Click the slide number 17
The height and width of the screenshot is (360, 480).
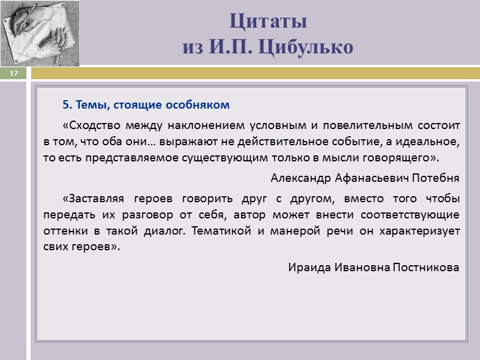pos(14,73)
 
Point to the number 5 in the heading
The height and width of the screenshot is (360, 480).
pos(65,105)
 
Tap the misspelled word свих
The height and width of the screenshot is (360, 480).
pos(55,247)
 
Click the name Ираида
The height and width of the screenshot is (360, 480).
pos(307,267)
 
